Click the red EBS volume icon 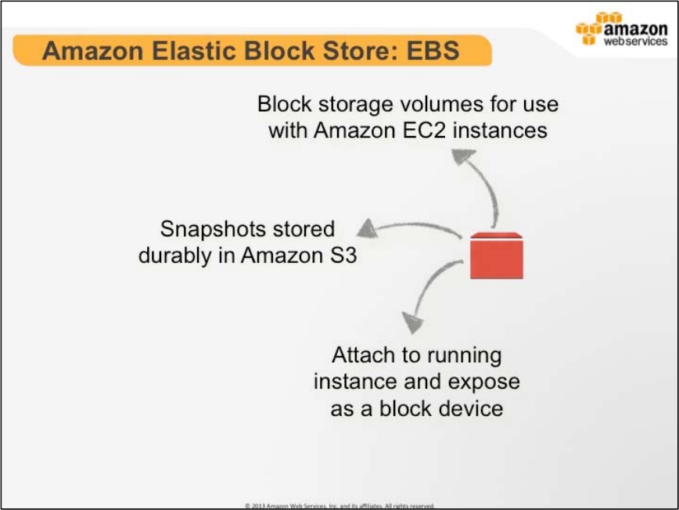point(496,256)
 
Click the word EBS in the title point(430,52)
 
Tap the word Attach point(365,355)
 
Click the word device point(466,408)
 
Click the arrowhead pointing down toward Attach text point(412,321)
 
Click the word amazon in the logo point(636,28)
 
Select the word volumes point(443,104)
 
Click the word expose point(483,382)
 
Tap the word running point(463,356)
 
